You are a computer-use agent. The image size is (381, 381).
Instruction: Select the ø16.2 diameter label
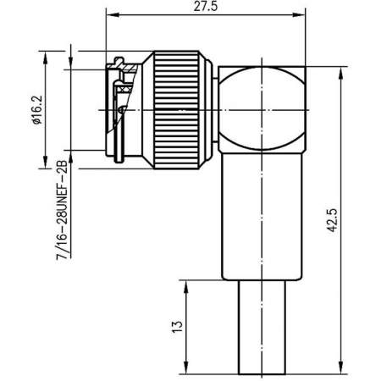[x=34, y=107]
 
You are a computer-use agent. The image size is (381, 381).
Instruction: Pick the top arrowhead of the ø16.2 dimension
[x=45, y=55]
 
